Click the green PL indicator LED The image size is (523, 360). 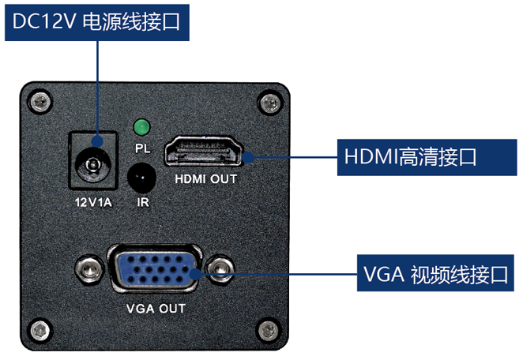tap(142, 126)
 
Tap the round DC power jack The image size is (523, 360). tap(93, 167)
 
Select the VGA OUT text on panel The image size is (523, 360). tap(155, 307)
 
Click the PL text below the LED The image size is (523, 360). tap(142, 147)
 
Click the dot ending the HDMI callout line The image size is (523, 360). tap(250, 156)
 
